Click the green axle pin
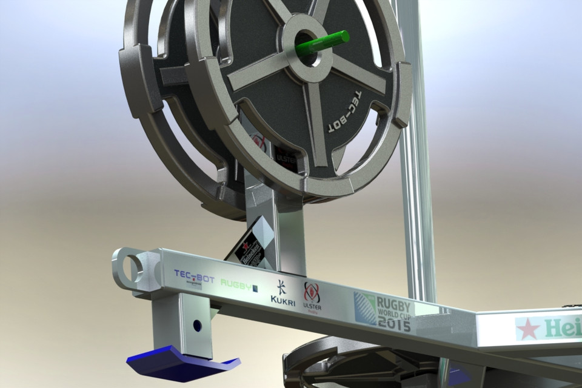tap(330, 42)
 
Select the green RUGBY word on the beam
tap(236, 283)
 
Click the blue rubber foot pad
tap(182, 363)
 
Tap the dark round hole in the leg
tap(197, 326)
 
